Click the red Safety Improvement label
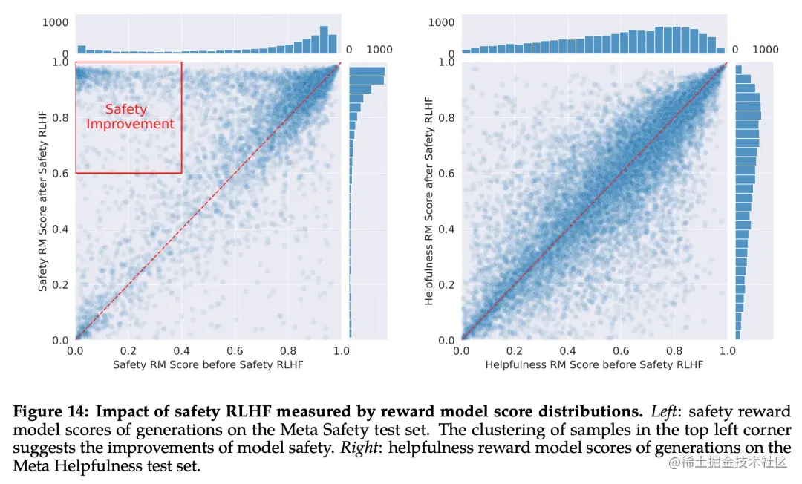pos(130,117)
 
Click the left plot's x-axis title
pos(208,365)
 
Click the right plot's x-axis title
pos(593,365)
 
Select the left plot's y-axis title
pos(43,201)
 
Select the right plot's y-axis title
pos(428,201)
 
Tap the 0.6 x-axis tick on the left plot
pos(235,350)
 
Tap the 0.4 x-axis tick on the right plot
pos(567,350)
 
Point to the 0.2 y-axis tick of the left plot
pos(61,285)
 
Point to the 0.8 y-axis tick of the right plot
pos(446,117)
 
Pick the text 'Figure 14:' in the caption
pos(50,411)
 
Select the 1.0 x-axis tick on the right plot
pos(727,350)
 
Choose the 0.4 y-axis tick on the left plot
pos(61,229)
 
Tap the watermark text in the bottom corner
pos(728,463)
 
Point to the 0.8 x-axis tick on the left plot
pos(288,350)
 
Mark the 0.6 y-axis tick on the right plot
pos(446,173)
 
